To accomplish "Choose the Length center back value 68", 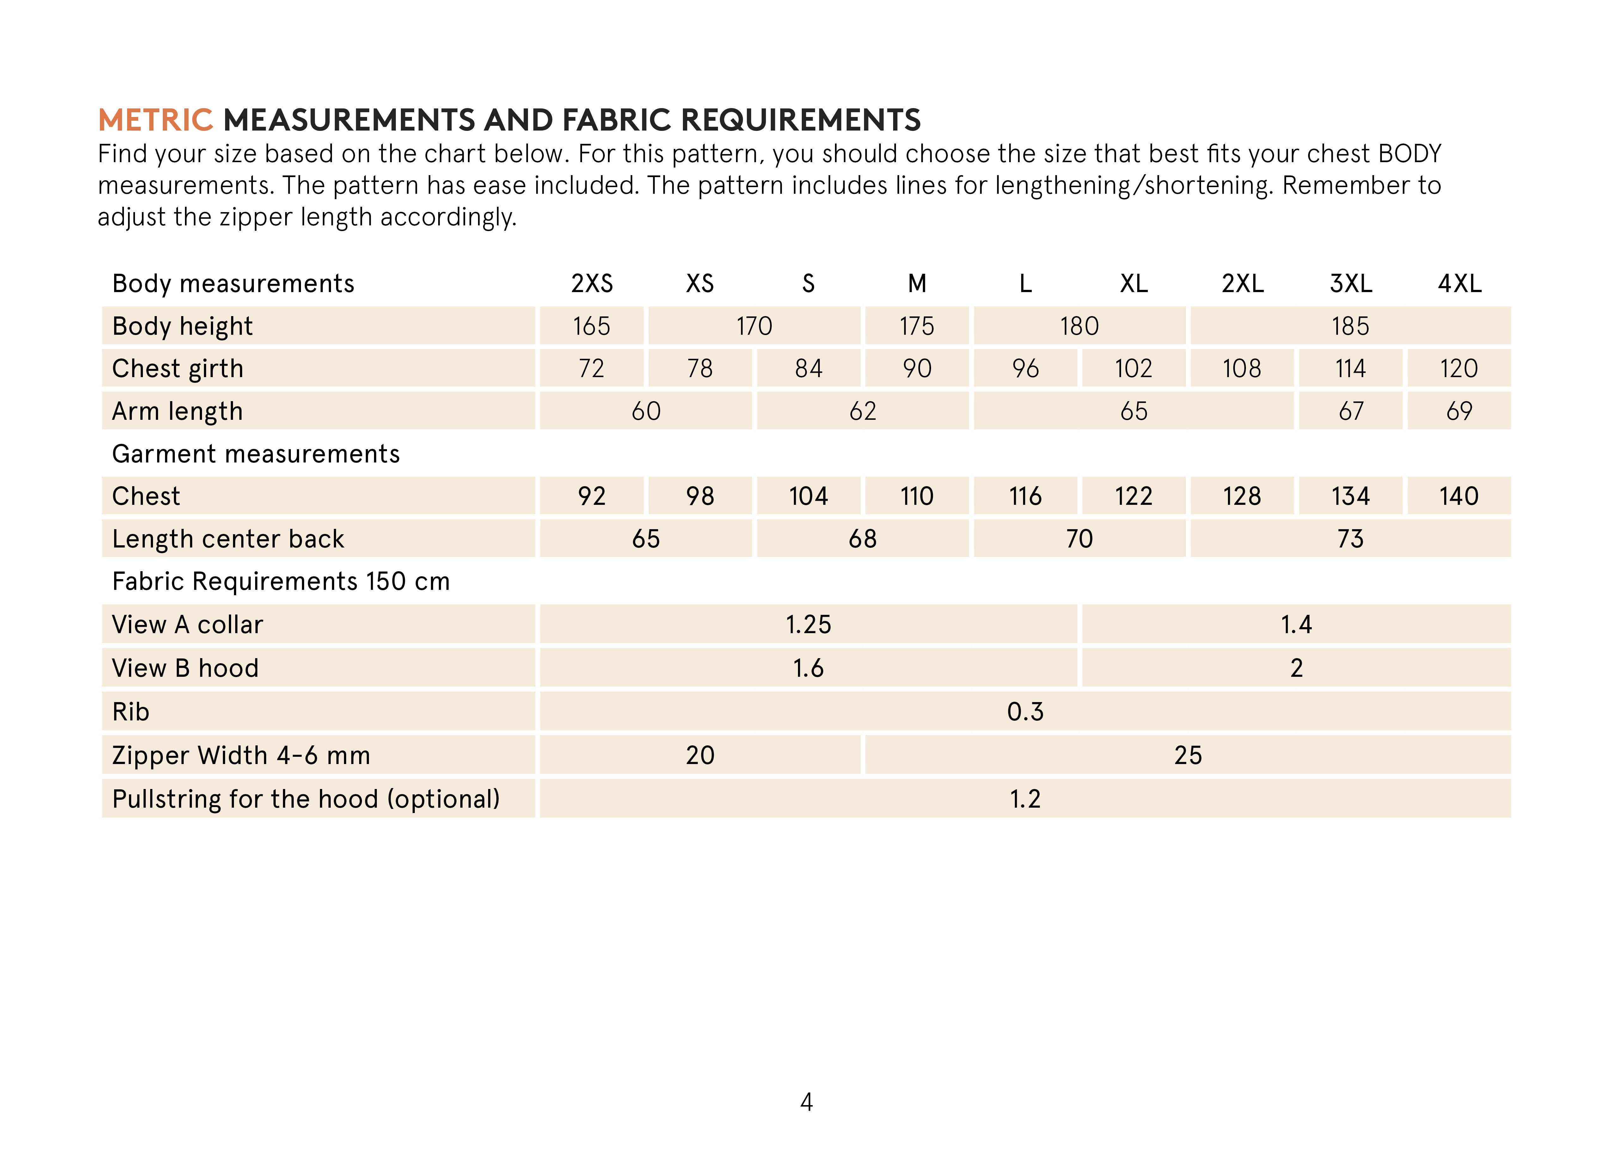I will click(x=862, y=539).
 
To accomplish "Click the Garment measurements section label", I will click(x=256, y=454).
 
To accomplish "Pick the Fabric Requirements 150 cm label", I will click(x=280, y=581).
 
